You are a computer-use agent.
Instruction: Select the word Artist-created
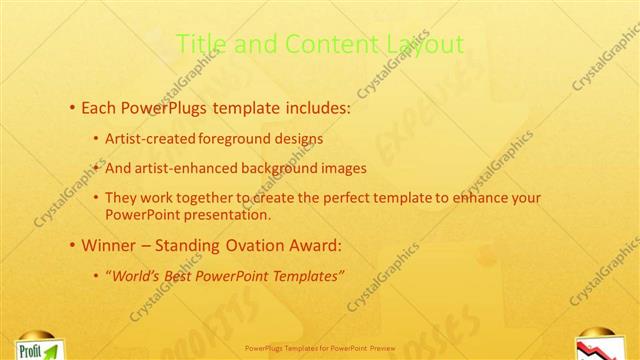click(151, 138)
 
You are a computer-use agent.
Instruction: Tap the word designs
click(299, 138)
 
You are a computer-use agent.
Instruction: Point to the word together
click(211, 198)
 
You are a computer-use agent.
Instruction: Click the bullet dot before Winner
click(71, 244)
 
